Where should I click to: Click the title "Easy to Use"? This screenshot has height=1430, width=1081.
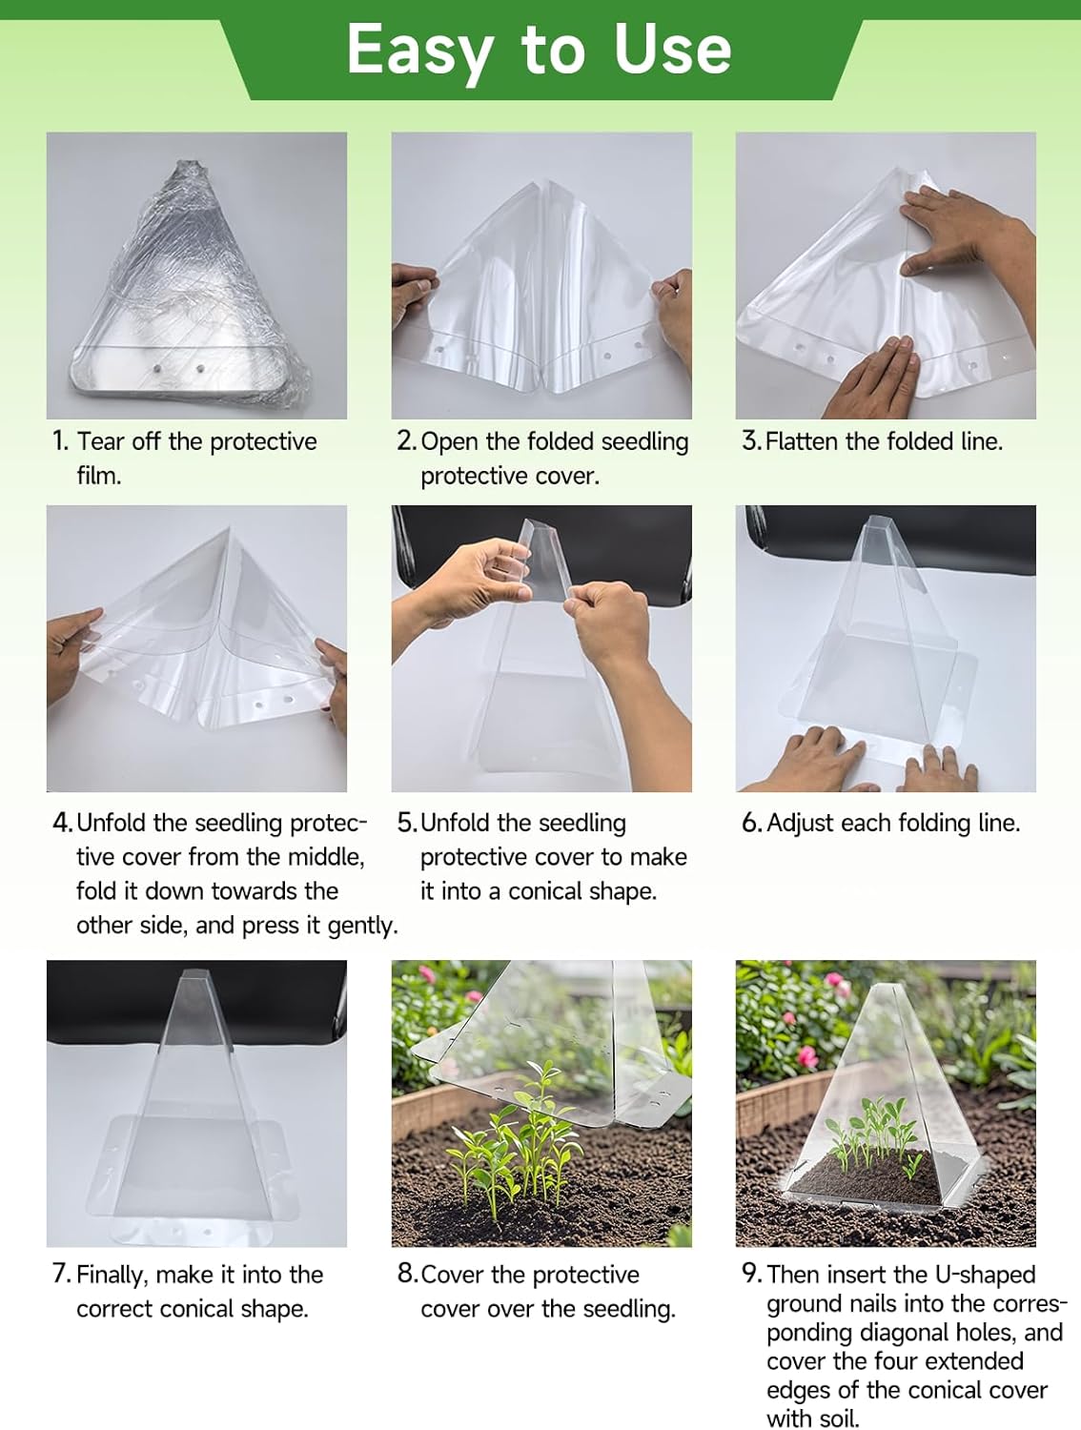tap(539, 50)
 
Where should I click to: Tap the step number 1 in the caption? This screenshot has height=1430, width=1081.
tap(60, 441)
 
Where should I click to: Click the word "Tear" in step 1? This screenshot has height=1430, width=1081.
tap(100, 441)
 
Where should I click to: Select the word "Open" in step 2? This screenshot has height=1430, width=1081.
tap(450, 442)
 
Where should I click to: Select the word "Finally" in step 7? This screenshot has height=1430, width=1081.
tap(110, 1276)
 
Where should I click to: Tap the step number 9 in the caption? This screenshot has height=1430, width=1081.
tap(751, 1274)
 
